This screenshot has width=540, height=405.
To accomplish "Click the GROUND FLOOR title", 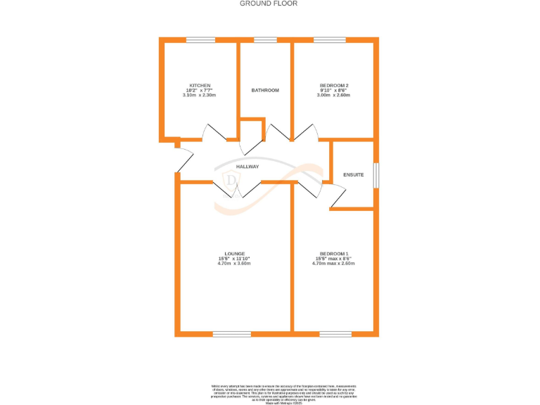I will click(269, 4).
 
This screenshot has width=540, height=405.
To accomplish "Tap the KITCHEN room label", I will click(199, 85).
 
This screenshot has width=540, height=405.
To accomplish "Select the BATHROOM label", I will click(266, 90).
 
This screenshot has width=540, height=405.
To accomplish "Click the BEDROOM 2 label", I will click(335, 85).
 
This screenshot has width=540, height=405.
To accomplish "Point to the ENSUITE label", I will click(354, 174).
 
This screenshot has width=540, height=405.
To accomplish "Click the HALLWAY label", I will click(247, 167).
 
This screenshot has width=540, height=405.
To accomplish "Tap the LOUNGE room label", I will click(234, 253).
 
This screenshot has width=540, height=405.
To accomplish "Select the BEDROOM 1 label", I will click(335, 253).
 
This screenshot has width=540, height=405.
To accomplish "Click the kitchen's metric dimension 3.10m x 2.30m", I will click(199, 95).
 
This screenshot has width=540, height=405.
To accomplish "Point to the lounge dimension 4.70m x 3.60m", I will click(234, 264).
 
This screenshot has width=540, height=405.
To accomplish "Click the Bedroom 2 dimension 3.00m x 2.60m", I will click(335, 95).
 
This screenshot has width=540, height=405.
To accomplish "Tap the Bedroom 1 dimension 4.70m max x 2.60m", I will click(335, 264).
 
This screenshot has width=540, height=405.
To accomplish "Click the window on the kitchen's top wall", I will click(200, 40).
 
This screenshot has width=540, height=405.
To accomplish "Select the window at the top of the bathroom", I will click(265, 40).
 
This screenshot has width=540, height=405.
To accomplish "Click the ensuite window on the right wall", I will click(376, 175).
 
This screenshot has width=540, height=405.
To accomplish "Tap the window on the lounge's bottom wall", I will click(232, 333).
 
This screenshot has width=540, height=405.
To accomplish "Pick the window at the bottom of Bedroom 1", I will click(335, 333).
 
